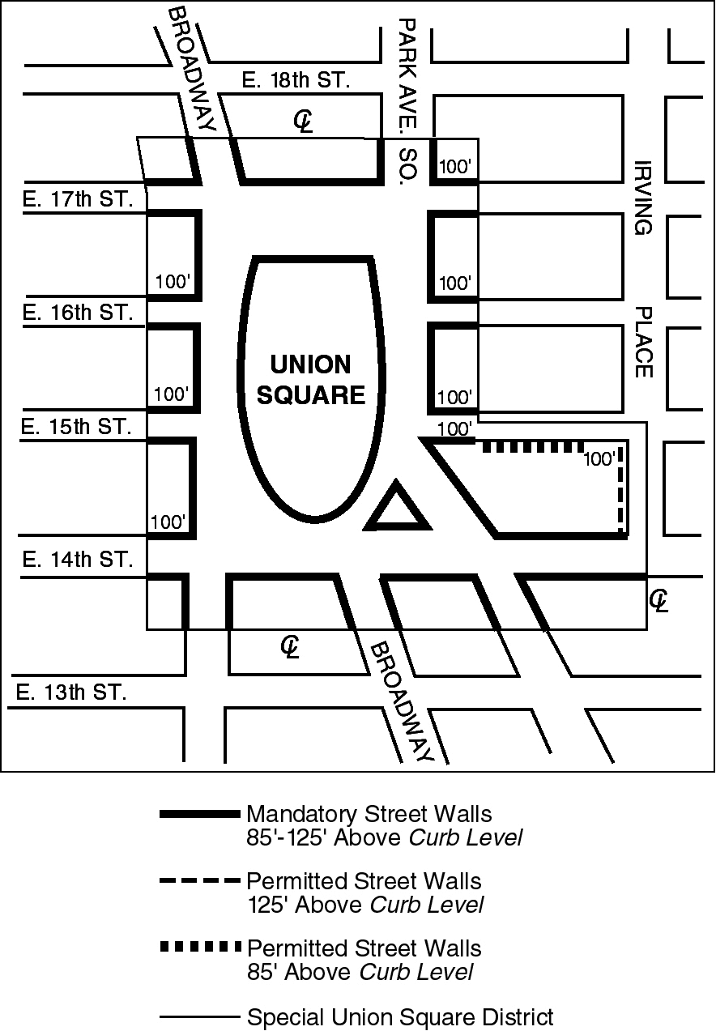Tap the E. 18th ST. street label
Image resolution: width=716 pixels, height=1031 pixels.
(296, 81)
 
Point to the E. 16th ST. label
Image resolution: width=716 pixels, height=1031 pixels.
(77, 313)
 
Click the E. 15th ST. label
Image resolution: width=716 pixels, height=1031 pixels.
(76, 427)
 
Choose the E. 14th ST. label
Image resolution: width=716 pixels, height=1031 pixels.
(76, 560)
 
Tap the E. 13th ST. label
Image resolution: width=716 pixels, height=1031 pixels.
(71, 692)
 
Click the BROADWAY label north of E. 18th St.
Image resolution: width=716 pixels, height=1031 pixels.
(192, 69)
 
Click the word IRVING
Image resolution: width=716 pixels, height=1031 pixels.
(643, 197)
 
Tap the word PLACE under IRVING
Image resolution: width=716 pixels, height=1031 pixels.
(643, 342)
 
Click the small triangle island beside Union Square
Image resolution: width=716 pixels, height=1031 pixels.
(396, 510)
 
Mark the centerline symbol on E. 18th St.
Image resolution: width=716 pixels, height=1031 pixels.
(303, 121)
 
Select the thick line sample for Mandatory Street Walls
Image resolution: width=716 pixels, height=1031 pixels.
(200, 814)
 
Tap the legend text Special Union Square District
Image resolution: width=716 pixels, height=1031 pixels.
(400, 1017)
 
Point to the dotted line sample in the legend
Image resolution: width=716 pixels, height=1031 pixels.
(200, 948)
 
